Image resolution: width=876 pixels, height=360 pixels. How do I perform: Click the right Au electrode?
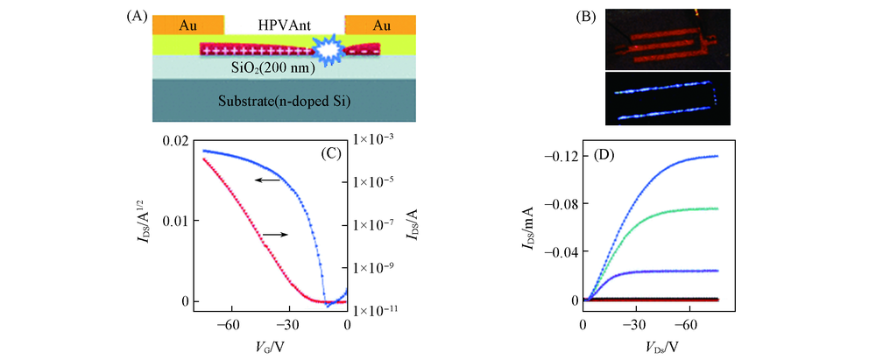pos(381,25)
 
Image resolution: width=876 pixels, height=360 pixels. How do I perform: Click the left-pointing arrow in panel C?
pos(268,180)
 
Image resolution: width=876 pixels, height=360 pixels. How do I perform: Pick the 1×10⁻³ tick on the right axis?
pos(375,140)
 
